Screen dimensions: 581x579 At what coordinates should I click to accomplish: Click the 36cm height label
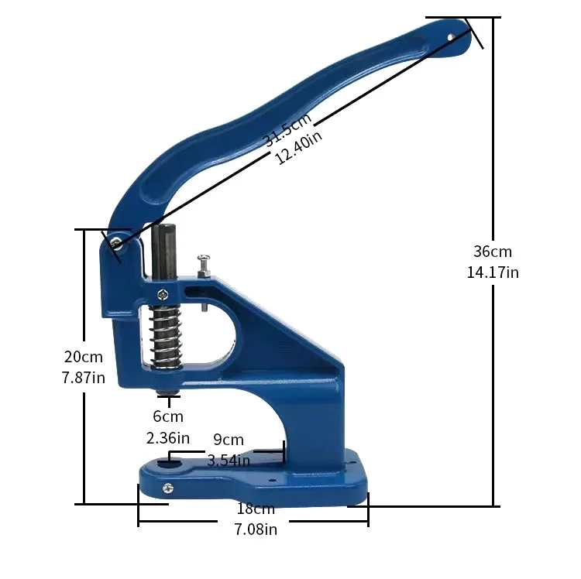click(x=493, y=252)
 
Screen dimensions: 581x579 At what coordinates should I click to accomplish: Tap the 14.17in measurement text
click(x=493, y=272)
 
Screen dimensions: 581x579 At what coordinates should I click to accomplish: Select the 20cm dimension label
click(x=84, y=357)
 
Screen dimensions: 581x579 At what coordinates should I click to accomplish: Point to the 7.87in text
click(x=84, y=378)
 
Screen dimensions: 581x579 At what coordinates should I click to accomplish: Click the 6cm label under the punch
click(x=168, y=416)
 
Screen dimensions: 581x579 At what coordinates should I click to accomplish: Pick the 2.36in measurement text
click(x=168, y=438)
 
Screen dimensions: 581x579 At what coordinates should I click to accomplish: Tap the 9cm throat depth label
click(x=229, y=440)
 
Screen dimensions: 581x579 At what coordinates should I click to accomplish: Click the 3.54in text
click(x=229, y=461)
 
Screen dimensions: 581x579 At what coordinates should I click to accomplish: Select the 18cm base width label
click(x=256, y=509)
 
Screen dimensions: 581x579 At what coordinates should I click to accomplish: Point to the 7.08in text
click(x=256, y=529)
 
